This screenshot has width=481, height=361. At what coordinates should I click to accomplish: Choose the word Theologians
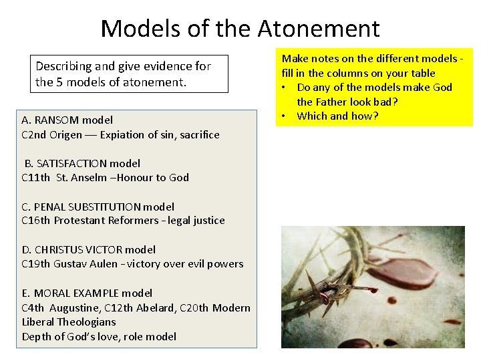pos(86,322)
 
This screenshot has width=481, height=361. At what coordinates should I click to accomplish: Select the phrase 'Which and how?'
pos(337,116)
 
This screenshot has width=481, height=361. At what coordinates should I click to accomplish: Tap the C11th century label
pos(35,178)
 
